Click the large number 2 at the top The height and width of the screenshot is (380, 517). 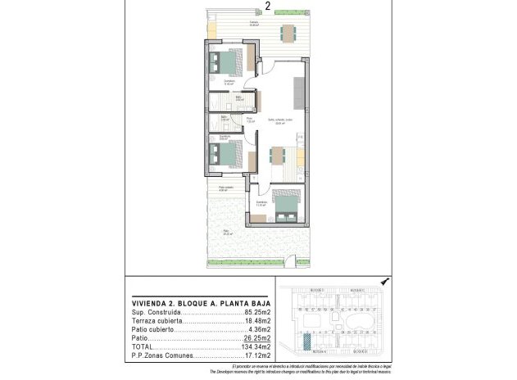[x=269, y=7]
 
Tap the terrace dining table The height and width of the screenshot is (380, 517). [x=288, y=34]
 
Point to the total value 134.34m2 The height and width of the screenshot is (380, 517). [x=250, y=347]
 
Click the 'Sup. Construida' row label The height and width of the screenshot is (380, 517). [x=155, y=313]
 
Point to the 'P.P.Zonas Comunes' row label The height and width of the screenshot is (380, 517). [x=161, y=357]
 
